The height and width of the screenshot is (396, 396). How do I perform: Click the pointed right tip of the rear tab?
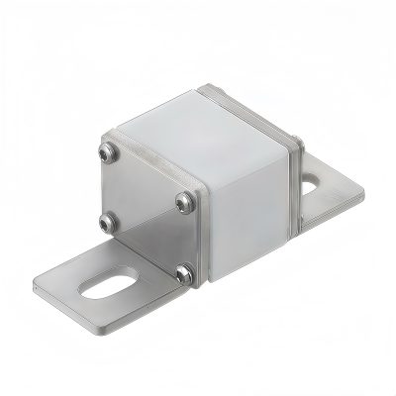(x=363, y=193)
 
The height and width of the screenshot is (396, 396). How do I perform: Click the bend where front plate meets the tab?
(x=148, y=265)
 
